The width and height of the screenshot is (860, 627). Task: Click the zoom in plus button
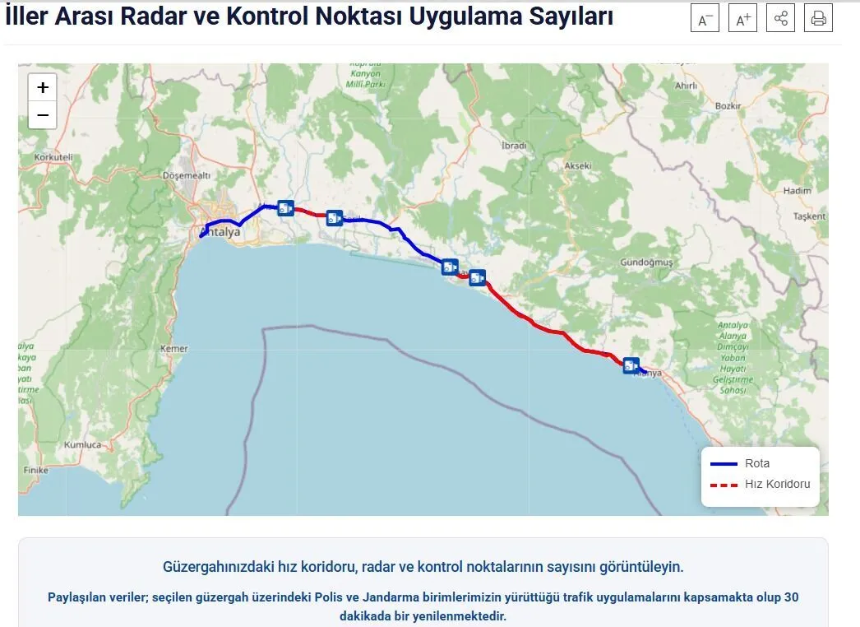click(43, 87)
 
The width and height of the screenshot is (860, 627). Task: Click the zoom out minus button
click(43, 115)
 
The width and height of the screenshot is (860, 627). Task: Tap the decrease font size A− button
click(705, 19)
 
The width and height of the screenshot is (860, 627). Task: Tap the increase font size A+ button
click(742, 19)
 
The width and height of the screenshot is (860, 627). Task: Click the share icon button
click(780, 18)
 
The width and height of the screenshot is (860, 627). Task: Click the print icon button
click(818, 18)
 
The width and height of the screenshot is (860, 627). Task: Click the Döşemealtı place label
click(187, 175)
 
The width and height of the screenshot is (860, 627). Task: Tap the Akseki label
click(577, 165)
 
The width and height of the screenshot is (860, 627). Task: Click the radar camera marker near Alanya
click(631, 365)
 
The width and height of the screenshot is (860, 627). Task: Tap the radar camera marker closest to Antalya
click(285, 207)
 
